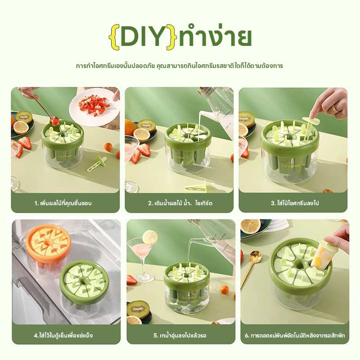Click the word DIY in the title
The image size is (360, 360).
coord(142,36)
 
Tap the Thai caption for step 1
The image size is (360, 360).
coord(63,203)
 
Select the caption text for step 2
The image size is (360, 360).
coord(180,203)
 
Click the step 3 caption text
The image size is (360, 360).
coord(295,203)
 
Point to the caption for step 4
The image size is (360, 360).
coord(63,335)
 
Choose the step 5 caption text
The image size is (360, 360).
coord(180,335)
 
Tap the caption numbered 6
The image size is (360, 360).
coord(295,335)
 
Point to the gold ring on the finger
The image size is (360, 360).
coord(336,108)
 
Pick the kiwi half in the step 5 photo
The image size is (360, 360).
coord(138,308)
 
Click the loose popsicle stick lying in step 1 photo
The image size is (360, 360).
coord(97,164)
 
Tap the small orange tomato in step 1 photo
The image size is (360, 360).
coord(108,147)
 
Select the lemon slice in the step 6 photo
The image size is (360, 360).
coord(251,226)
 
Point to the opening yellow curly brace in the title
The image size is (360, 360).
coord(115,37)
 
